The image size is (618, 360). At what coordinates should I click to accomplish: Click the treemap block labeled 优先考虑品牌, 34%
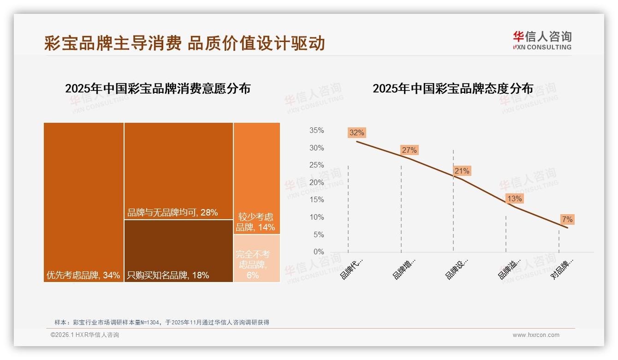(83, 202)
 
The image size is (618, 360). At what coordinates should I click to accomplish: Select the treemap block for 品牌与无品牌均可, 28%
(178, 171)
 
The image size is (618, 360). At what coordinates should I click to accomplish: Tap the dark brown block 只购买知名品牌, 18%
(178, 251)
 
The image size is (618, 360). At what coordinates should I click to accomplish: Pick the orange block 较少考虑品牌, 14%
(256, 178)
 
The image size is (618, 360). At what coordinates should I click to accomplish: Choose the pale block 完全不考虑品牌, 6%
(256, 258)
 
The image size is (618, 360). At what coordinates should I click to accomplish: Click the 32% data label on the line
(357, 133)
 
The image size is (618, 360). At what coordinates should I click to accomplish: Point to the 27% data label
(409, 150)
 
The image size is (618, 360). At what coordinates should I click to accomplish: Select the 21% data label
(462, 171)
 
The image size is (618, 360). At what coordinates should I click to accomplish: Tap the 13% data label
(514, 199)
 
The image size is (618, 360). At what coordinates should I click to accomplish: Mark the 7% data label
(567, 220)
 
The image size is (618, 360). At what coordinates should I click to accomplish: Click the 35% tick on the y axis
(316, 131)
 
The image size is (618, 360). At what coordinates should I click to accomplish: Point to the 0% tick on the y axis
(319, 252)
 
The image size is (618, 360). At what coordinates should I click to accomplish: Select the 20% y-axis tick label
(316, 183)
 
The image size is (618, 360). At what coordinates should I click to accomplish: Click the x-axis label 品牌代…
(351, 269)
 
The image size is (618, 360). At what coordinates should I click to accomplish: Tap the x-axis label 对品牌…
(562, 269)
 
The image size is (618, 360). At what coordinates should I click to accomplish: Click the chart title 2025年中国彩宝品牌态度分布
(452, 89)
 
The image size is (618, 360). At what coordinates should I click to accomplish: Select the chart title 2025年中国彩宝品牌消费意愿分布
(158, 89)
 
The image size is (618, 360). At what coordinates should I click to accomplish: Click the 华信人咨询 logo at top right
(542, 40)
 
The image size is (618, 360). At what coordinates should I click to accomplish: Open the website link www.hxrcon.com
(536, 335)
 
